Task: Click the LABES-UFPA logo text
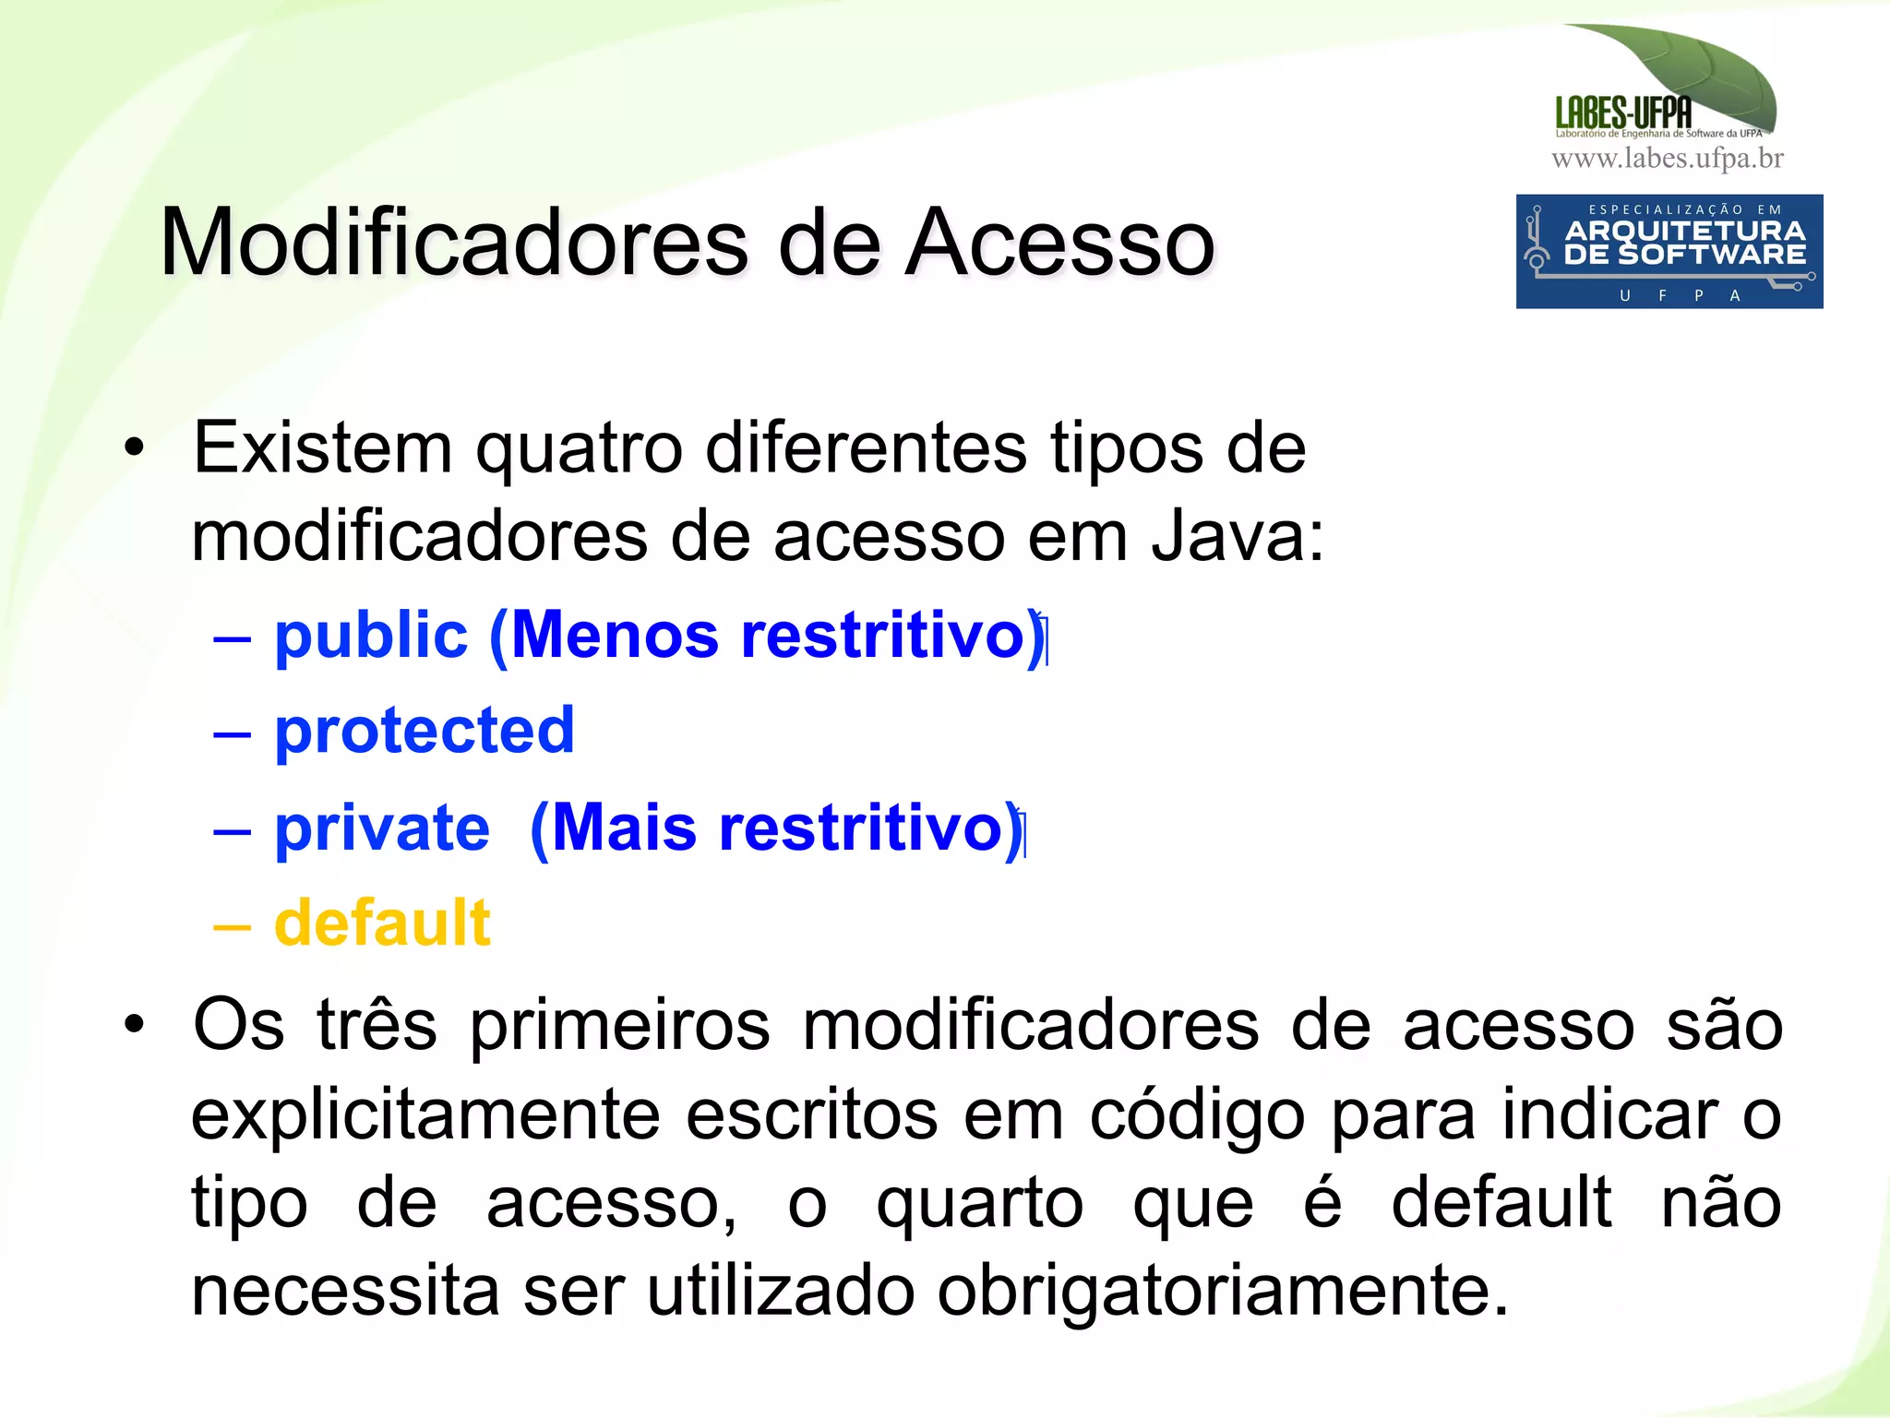click(1623, 113)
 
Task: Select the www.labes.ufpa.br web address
click(1668, 160)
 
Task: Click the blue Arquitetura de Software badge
click(1669, 251)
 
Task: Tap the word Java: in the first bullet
click(1238, 537)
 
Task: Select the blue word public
click(371, 637)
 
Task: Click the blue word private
click(382, 828)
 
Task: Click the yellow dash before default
click(232, 924)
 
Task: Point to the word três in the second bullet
click(377, 1026)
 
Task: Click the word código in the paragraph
click(1197, 1115)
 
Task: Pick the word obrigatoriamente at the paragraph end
click(1222, 1291)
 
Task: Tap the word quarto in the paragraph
click(980, 1204)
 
